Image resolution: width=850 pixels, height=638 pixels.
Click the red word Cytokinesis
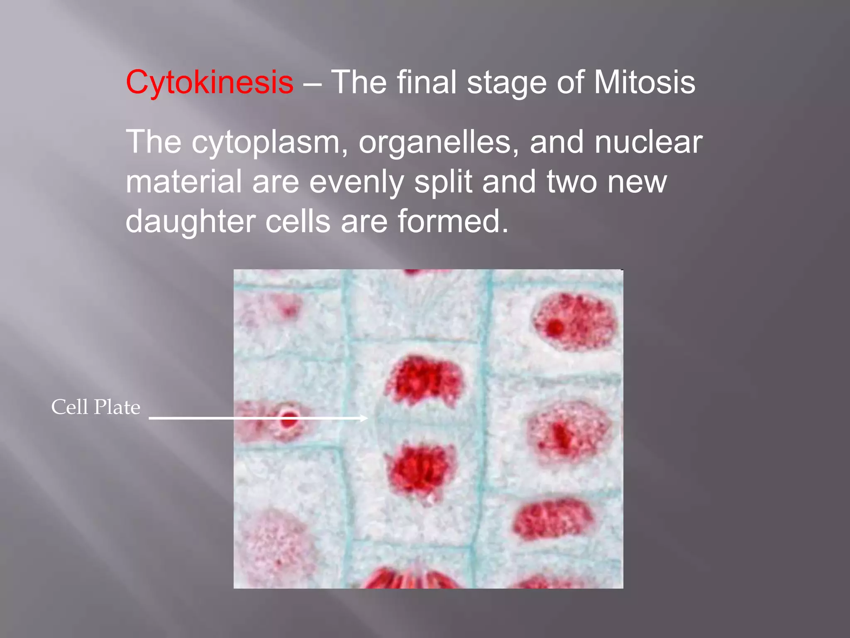pos(210,82)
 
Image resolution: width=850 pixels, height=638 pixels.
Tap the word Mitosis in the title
pos(644,82)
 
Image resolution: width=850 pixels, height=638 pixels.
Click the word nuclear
pos(648,142)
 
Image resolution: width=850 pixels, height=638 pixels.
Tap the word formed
pos(452,221)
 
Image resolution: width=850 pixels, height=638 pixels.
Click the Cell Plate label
pos(95,407)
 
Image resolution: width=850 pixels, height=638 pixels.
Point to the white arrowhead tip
pos(367,418)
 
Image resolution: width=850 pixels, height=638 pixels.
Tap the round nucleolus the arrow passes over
pos(289,419)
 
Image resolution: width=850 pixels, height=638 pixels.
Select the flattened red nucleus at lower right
pos(552,520)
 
